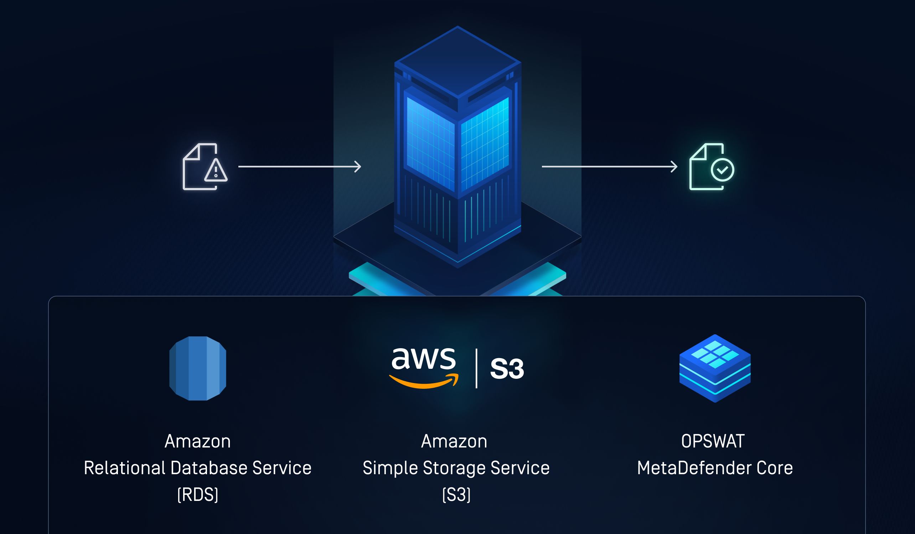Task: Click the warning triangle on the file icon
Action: click(x=216, y=170)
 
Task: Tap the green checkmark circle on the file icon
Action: click(x=722, y=170)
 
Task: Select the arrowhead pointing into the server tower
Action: click(x=358, y=167)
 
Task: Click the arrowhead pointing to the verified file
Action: click(x=674, y=167)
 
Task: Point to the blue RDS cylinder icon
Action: click(x=197, y=368)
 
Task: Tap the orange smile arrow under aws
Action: click(x=424, y=382)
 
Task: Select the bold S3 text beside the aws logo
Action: click(x=507, y=369)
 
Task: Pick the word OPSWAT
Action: click(x=713, y=441)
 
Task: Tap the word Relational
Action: click(x=125, y=468)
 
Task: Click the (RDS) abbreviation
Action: click(x=197, y=494)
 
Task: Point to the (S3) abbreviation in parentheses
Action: click(x=456, y=494)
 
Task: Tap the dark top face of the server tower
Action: click(x=457, y=61)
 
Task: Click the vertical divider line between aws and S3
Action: click(x=476, y=368)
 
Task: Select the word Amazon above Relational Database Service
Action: click(x=197, y=441)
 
